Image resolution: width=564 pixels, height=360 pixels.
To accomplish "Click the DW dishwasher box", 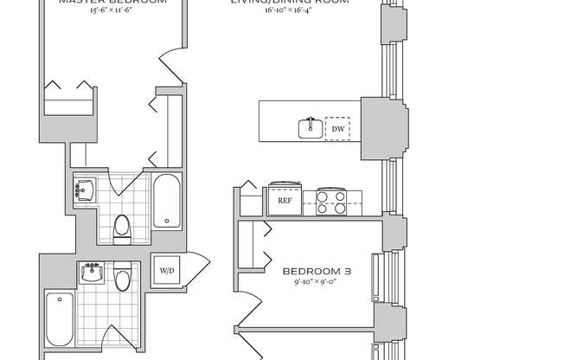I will pos(337,128).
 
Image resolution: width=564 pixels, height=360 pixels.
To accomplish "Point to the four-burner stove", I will pos(330,202).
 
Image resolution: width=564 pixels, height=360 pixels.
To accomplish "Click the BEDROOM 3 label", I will pos(317,271).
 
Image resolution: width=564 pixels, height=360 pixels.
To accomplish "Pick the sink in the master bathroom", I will pos(86,190).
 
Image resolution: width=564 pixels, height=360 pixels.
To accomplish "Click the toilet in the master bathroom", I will pos(122,227).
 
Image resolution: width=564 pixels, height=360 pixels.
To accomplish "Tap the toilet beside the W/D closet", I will pos(123,278).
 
